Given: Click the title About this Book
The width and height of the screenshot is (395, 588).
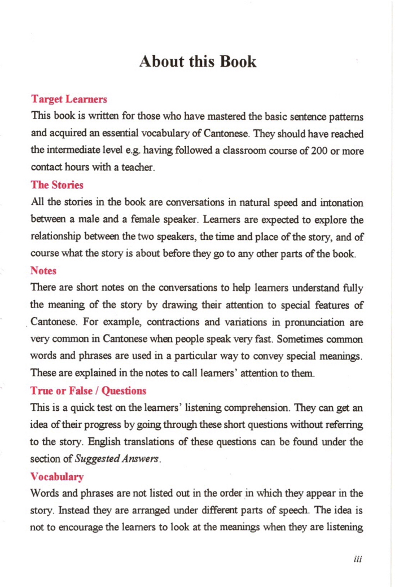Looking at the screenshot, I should [x=197, y=61].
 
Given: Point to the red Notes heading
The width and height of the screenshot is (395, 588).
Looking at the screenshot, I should [x=43, y=271].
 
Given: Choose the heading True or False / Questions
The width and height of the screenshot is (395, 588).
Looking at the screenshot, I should [x=89, y=390].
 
